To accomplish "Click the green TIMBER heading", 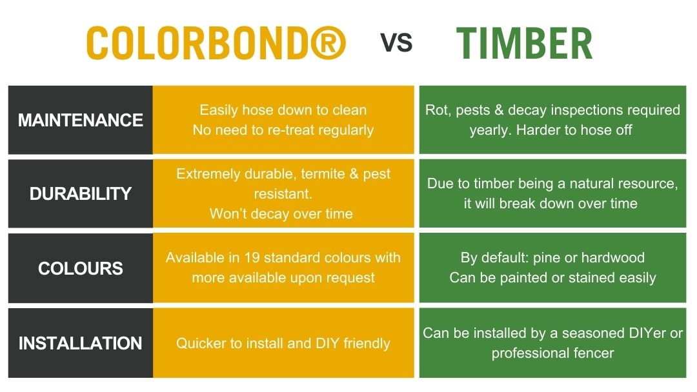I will click(x=524, y=44).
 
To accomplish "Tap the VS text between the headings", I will click(x=396, y=43).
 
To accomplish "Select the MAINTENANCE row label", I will click(x=81, y=120).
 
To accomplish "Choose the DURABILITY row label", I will click(x=81, y=193).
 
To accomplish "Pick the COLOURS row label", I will click(x=81, y=268).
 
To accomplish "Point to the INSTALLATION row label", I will click(x=81, y=343).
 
